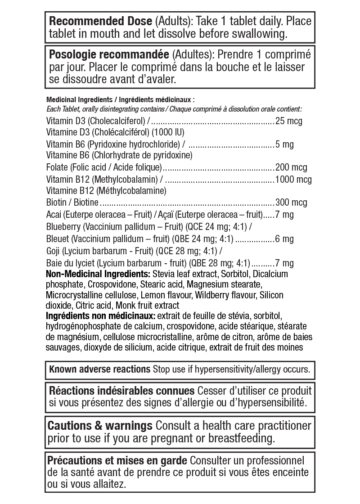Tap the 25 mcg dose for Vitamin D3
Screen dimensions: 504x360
click(288, 121)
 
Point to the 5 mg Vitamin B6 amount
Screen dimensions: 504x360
click(284, 144)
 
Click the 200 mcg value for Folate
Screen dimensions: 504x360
click(291, 167)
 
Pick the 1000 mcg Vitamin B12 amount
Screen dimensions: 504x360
click(293, 179)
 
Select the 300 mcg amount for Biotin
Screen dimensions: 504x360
click(291, 202)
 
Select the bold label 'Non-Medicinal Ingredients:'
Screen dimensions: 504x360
click(98, 274)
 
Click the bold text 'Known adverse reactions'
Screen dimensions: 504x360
click(99, 369)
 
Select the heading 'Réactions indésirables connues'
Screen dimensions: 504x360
click(121, 391)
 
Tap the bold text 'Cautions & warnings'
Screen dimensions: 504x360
click(99, 426)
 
